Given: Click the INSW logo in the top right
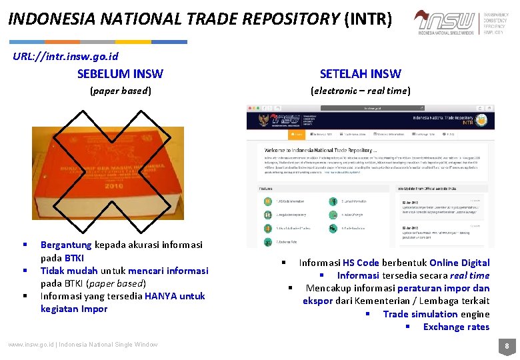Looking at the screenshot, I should [x=445, y=22].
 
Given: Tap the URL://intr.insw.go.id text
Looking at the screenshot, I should [x=65, y=56].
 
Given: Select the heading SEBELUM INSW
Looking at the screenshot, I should [x=120, y=73].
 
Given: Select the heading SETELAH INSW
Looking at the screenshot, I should [x=360, y=73].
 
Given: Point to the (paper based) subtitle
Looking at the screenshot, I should [x=121, y=90].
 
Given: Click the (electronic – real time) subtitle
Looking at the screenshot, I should [x=360, y=90].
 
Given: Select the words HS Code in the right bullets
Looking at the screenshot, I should [x=361, y=263].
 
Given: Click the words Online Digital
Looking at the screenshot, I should [x=459, y=263].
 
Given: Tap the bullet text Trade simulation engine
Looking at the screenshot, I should [x=436, y=314].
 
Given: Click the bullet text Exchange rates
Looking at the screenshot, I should [x=456, y=327].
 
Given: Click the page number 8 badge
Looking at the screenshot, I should [x=507, y=346].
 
